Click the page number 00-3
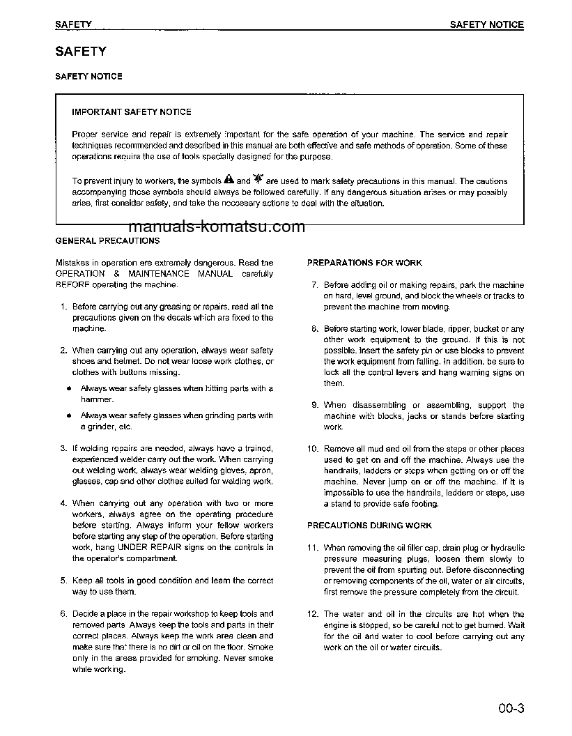point(510,710)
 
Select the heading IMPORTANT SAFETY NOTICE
point(132,112)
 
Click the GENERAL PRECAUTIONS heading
point(107,240)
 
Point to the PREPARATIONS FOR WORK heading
point(364,263)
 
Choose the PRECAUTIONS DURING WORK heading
point(369,526)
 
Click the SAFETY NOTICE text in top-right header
point(486,24)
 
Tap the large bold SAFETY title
point(81,52)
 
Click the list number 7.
point(314,285)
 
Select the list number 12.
point(312,614)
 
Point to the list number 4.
point(63,503)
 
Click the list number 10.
point(312,449)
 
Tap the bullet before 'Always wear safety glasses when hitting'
point(70,389)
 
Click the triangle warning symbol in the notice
point(229,181)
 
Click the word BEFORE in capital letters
point(73,284)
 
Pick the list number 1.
point(63,307)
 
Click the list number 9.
point(314,405)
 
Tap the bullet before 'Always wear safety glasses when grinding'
point(70,416)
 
